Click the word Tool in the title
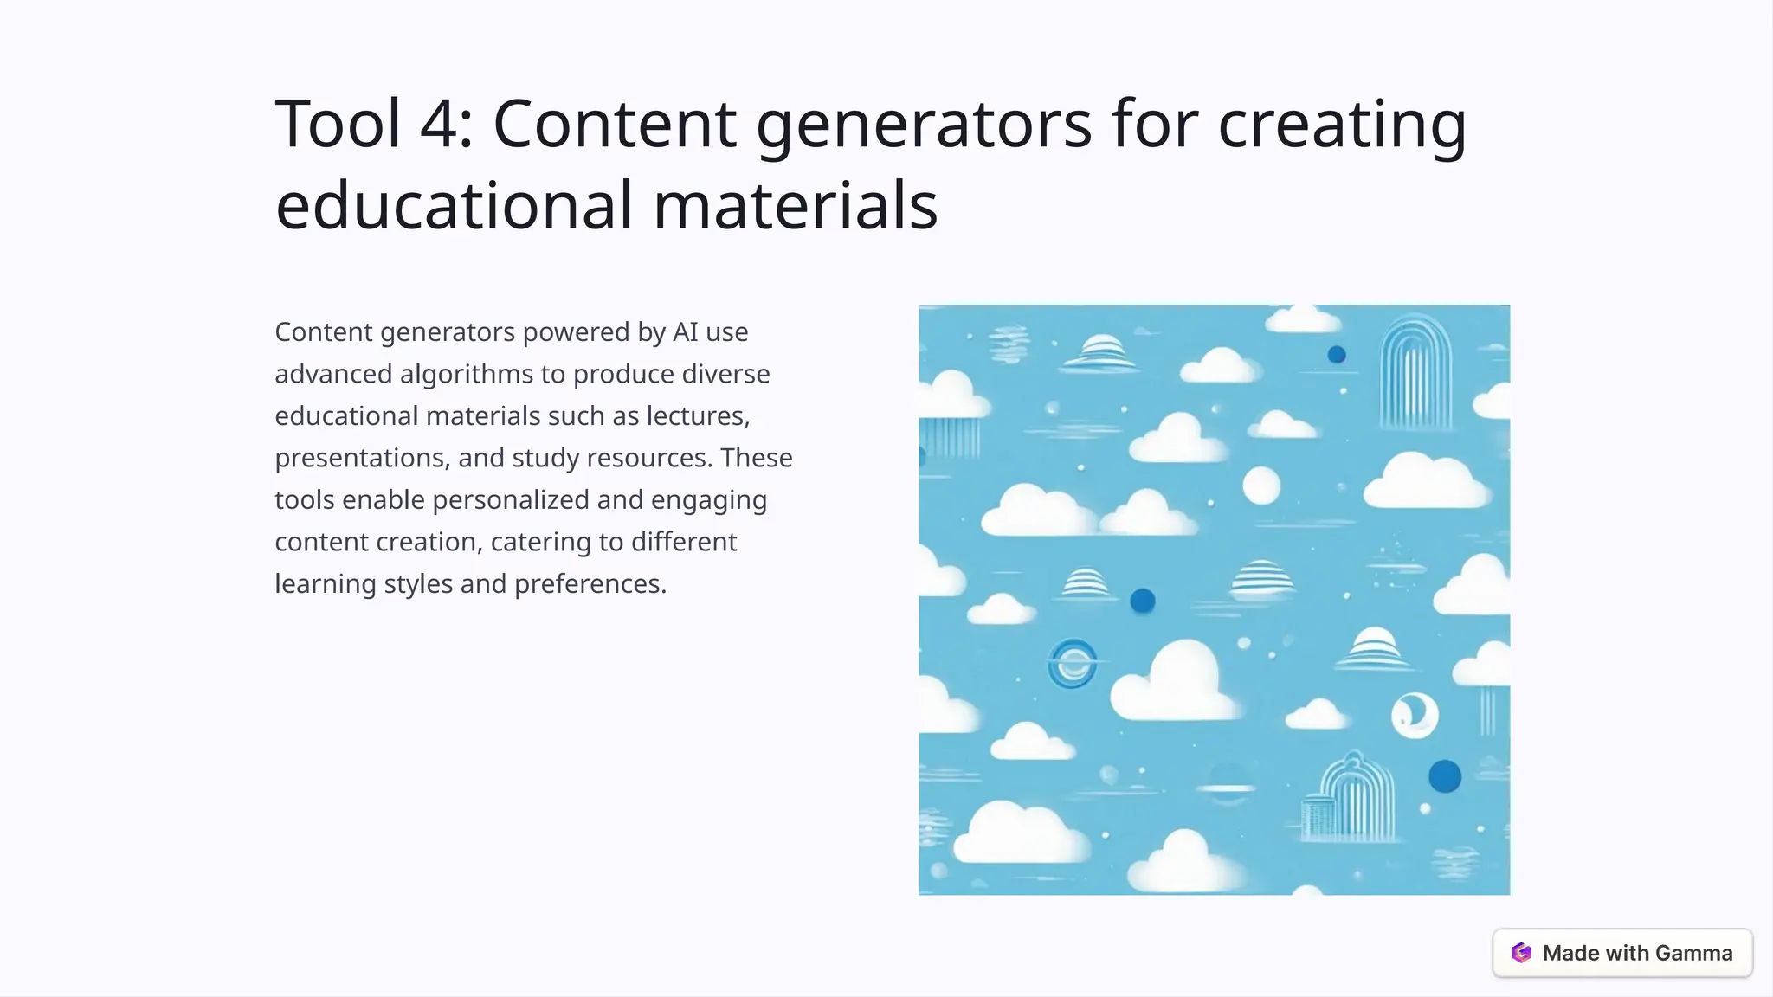point(338,124)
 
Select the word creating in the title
point(1342,124)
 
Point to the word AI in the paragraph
point(685,331)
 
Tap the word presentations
point(362,458)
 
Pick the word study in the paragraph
point(545,458)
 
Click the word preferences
point(590,584)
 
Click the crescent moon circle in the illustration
point(1415,715)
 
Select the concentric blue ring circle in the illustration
point(1073,664)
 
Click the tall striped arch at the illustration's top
point(1415,372)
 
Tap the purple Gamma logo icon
point(1521,953)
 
